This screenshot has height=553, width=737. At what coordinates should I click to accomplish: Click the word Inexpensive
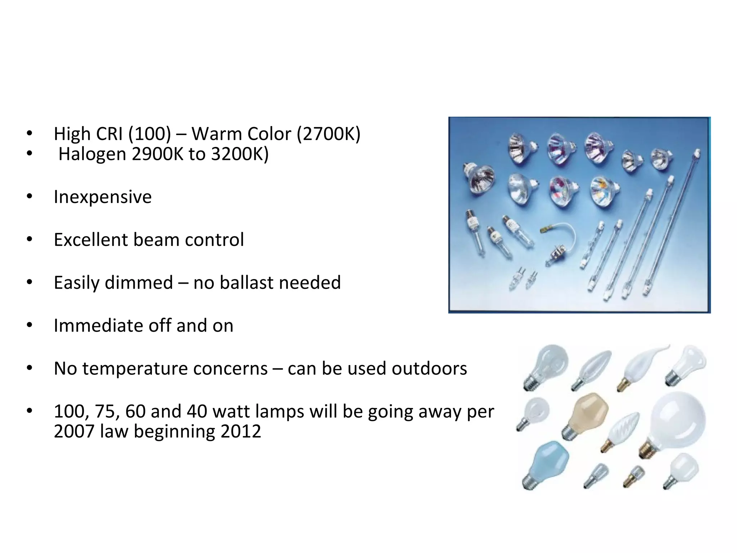pyautogui.click(x=103, y=197)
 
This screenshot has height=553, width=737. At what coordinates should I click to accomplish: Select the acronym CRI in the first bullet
pyautogui.click(x=109, y=134)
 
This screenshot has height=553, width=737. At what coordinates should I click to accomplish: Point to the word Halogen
pyautogui.click(x=92, y=154)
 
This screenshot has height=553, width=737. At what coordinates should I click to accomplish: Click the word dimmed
pyautogui.click(x=139, y=283)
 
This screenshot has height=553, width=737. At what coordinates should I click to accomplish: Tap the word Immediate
pyautogui.click(x=98, y=325)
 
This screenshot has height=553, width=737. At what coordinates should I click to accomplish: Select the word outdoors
pyautogui.click(x=429, y=368)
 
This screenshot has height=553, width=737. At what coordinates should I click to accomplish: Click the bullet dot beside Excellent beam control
pyautogui.click(x=30, y=239)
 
